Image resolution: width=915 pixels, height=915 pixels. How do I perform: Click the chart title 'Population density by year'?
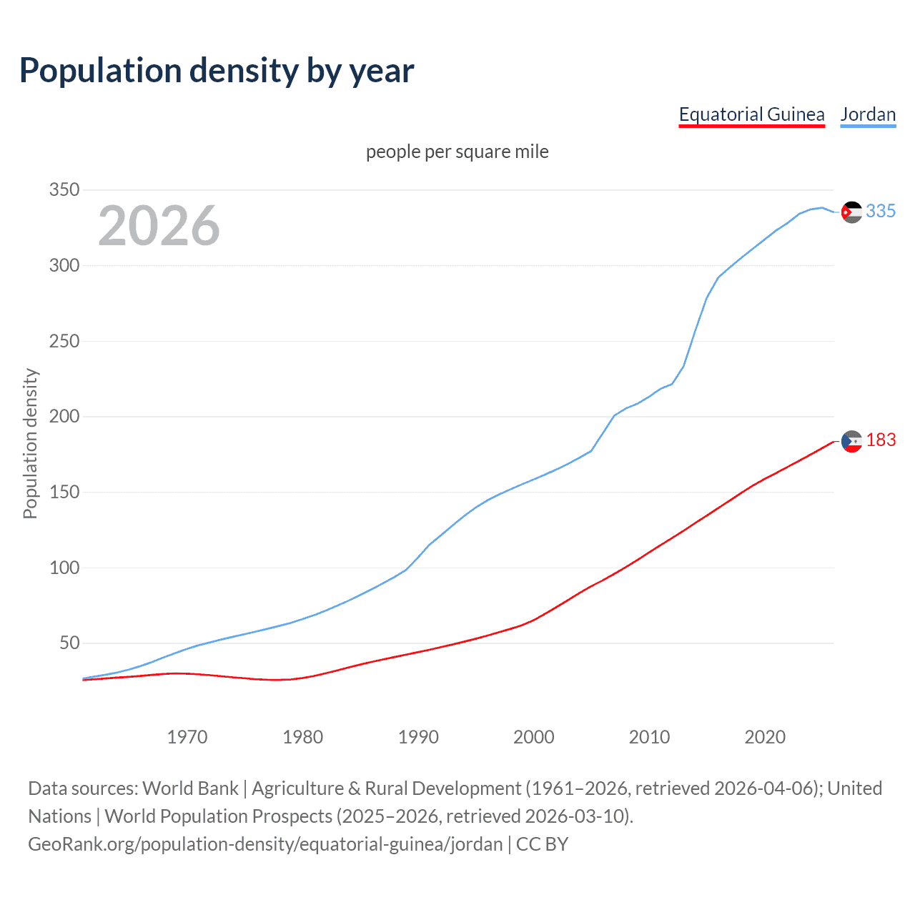217,71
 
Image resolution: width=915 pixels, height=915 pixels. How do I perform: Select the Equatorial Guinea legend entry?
751,114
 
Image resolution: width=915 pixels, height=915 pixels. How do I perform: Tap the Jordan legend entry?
868,114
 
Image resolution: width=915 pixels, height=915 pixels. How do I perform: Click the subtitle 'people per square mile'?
457,152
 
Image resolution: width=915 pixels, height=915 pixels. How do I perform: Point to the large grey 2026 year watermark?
159,226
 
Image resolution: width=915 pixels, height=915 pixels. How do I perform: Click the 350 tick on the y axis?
64,190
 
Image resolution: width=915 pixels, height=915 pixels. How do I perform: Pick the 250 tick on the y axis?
64,341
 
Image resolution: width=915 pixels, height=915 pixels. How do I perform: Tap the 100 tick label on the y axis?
64,568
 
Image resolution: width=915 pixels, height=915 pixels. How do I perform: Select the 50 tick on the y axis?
69,643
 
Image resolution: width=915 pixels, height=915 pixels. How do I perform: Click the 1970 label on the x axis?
187,737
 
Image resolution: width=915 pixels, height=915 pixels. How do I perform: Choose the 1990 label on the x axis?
418,737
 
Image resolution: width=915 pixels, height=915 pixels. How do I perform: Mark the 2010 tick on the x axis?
649,737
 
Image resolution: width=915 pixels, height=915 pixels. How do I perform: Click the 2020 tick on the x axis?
765,737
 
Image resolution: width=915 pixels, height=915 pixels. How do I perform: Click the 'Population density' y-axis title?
30,443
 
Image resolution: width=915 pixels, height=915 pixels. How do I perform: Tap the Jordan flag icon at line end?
851,212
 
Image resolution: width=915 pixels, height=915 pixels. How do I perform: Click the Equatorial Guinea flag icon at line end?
851,442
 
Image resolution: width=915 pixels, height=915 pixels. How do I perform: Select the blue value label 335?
881,212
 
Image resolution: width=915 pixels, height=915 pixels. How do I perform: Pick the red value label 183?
881,440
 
